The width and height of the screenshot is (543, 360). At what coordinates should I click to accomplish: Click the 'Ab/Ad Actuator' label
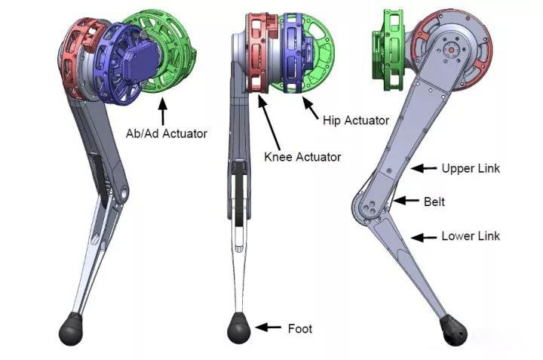166,134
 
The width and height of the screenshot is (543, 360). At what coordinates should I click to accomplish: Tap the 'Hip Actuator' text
356,120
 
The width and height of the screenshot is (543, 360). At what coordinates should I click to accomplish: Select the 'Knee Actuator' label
302,157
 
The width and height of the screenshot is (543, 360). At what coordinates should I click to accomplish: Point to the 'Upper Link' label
471,169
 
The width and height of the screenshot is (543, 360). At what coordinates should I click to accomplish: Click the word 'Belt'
434,202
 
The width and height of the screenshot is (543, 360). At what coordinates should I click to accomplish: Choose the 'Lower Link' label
471,236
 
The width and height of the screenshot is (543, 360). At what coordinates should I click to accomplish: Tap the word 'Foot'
300,328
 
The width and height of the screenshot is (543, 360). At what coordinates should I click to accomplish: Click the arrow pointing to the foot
268,327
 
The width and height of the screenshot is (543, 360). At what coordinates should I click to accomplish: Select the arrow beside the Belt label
406,200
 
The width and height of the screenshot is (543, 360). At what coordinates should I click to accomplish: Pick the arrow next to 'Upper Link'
424,168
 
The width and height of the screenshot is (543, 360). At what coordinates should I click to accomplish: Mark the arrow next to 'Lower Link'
424,238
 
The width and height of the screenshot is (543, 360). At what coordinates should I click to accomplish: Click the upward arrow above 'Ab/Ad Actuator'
162,111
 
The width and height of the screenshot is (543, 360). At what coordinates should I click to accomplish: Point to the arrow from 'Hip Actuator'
311,108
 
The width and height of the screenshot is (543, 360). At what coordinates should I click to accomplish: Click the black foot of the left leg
71,328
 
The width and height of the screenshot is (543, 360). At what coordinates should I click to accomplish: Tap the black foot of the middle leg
238,328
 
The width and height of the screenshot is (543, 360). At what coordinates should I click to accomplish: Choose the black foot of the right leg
453,331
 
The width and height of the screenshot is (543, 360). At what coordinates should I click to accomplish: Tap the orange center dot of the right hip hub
451,50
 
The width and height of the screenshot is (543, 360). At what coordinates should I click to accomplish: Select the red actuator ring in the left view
77,59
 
